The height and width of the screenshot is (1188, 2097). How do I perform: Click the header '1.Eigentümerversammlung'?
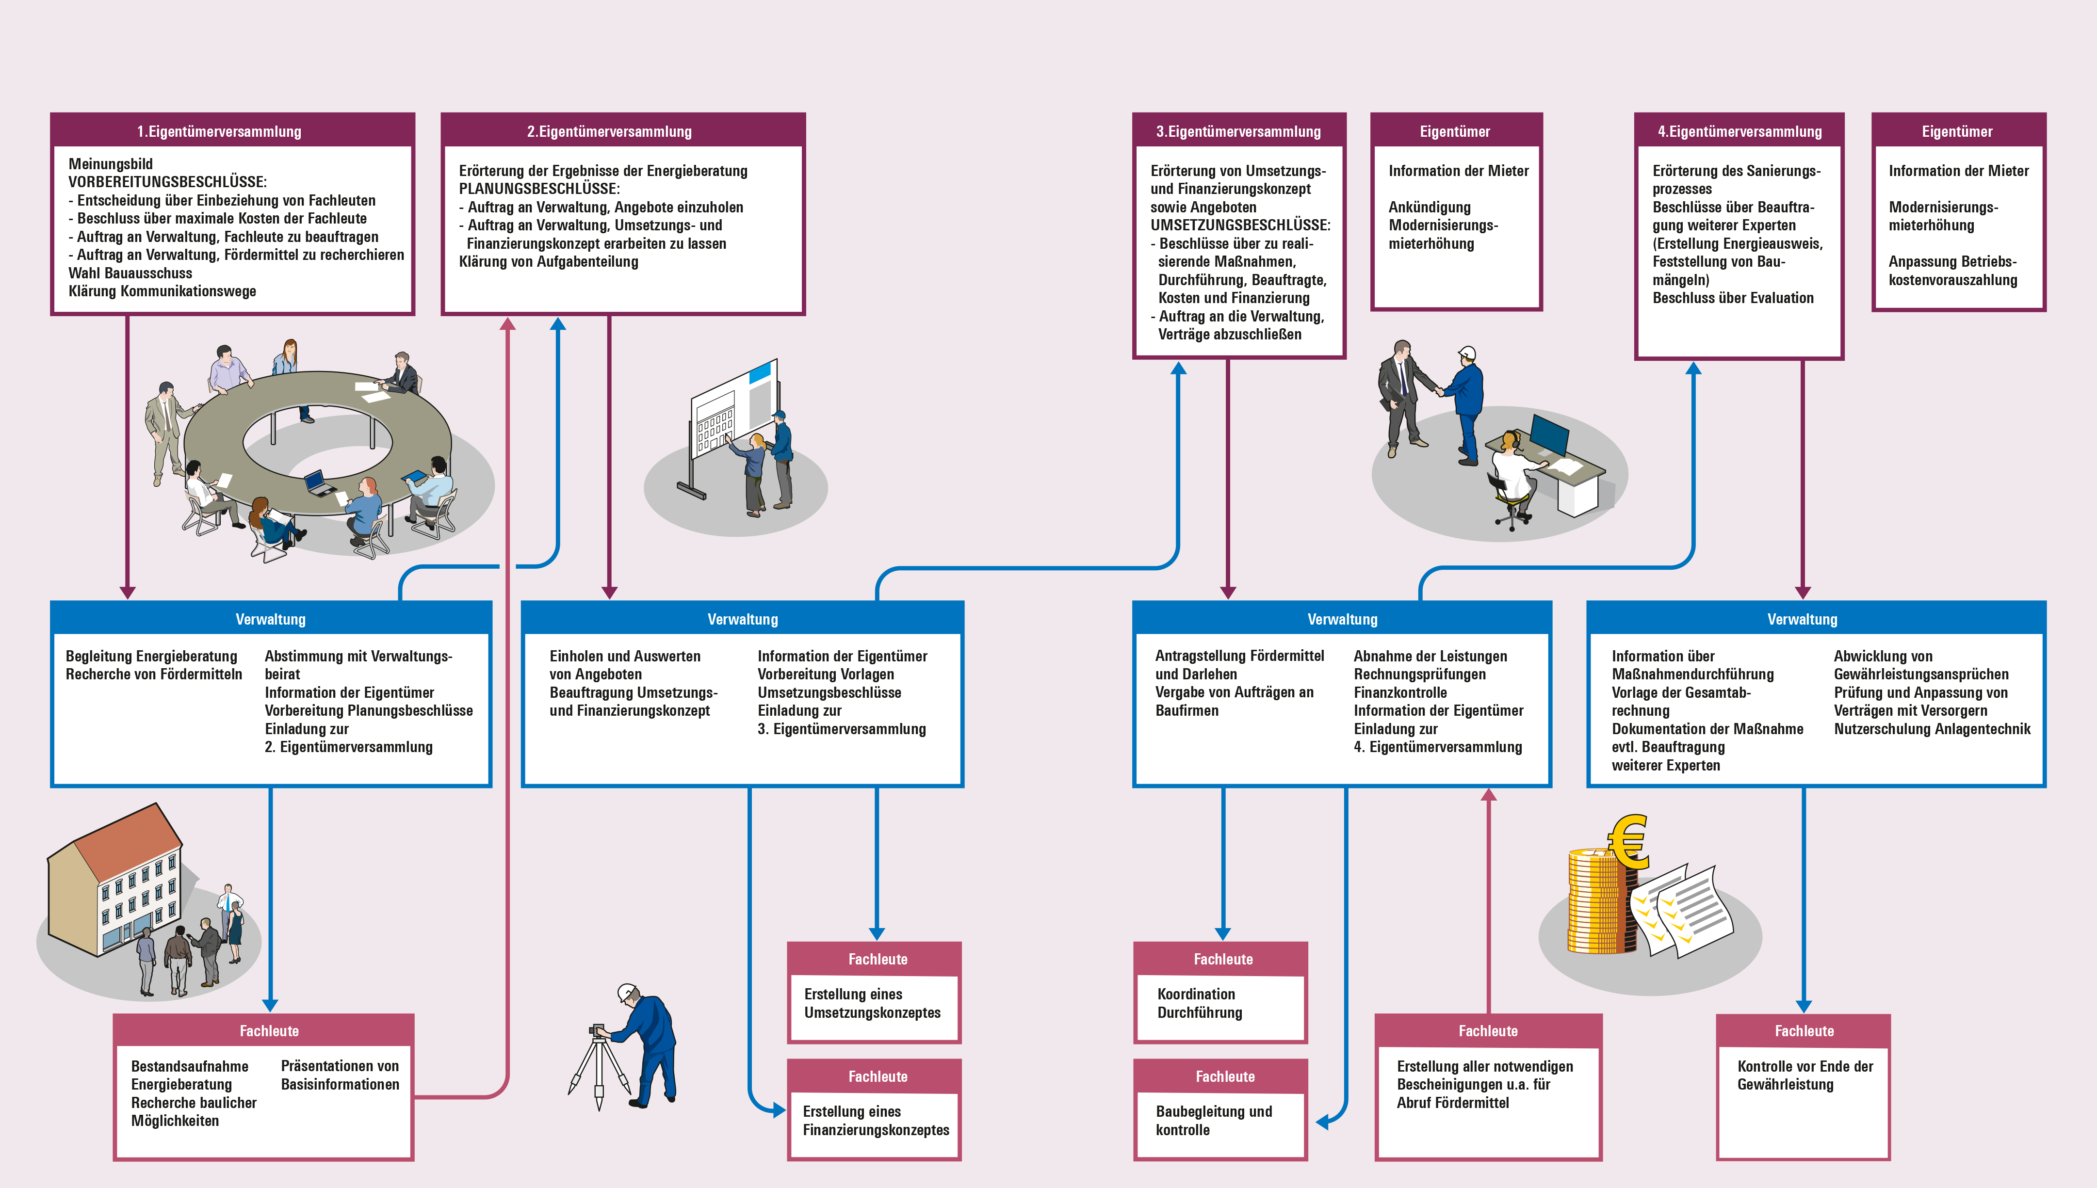pyautogui.click(x=219, y=131)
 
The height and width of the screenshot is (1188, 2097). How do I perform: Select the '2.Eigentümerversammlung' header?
pyautogui.click(x=609, y=131)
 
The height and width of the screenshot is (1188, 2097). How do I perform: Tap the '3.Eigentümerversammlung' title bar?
pyautogui.click(x=1238, y=131)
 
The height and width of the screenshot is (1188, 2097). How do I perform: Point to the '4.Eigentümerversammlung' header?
pyautogui.click(x=1739, y=131)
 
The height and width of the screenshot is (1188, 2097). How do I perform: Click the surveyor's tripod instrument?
pyautogui.click(x=600, y=1065)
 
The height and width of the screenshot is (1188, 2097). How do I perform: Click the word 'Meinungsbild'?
pyautogui.click(x=110, y=164)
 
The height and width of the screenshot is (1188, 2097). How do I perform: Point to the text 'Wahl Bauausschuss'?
pyautogui.click(x=130, y=273)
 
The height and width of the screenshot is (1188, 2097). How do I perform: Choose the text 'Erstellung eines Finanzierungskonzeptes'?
pyautogui.click(x=876, y=1120)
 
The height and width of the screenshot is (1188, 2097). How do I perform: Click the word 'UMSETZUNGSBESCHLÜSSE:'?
pyautogui.click(x=1240, y=225)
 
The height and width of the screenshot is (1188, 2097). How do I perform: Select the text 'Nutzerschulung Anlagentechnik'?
pyautogui.click(x=1932, y=729)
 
